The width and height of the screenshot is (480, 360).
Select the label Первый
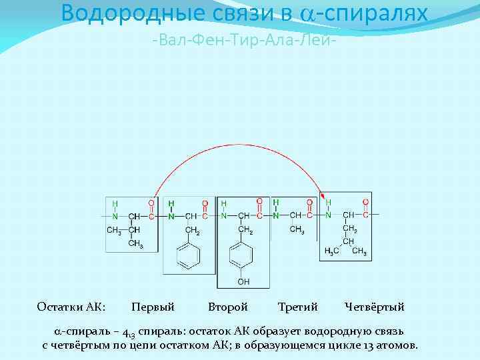[153, 307]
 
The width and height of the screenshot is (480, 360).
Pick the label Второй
[227, 307]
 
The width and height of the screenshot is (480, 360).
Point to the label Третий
[297, 307]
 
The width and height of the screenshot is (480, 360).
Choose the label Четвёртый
[375, 307]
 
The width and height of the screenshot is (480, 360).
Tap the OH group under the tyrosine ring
[243, 282]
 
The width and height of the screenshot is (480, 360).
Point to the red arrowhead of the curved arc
[323, 197]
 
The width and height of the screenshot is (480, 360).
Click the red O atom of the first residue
[151, 203]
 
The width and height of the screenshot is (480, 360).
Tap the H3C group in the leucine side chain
[331, 251]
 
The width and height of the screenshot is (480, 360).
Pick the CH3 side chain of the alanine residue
[297, 230]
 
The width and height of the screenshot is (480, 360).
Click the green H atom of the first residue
[115, 203]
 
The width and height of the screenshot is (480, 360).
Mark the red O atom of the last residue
[365, 202]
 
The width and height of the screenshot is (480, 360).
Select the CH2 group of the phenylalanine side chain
[193, 231]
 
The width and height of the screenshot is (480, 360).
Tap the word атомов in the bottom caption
[398, 345]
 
